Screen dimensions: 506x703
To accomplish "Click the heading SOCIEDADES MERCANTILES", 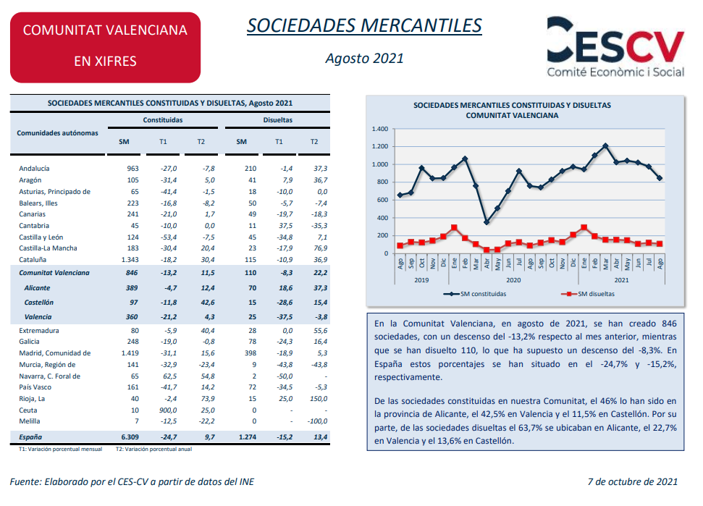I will (364, 25).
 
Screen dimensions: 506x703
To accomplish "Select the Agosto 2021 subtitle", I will (364, 59).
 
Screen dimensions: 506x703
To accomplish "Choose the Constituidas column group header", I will (163, 120).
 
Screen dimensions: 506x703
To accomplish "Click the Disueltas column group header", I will (278, 120).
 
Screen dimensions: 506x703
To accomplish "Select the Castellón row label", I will (39, 302).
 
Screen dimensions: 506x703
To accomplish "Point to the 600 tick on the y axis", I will (383, 201).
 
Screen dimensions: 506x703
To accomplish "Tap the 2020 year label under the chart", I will (513, 279).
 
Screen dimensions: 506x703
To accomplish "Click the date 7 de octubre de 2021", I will (632, 482).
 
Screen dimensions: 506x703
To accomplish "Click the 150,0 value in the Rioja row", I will (319, 398).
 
